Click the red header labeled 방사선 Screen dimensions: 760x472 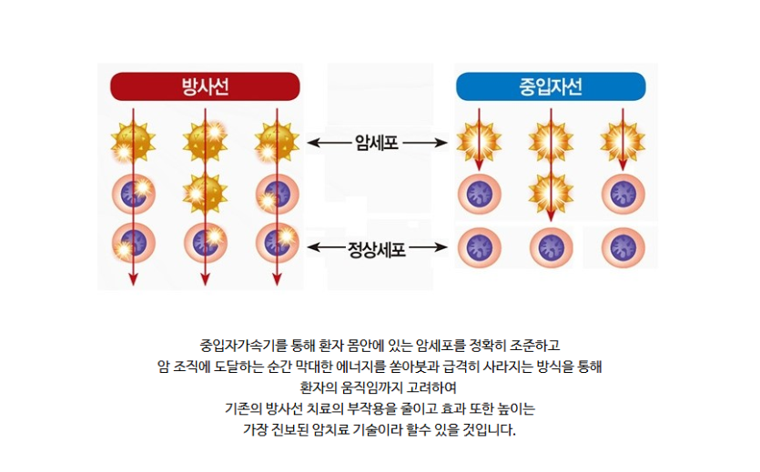(205, 86)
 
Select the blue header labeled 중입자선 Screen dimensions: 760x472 (551, 86)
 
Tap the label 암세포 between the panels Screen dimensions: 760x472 (377, 143)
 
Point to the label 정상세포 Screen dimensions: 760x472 (377, 249)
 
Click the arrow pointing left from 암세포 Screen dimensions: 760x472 (329, 143)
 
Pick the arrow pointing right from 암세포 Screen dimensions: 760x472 (425, 143)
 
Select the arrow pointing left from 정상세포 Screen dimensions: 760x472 (326, 247)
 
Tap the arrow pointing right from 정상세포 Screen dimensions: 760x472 (429, 247)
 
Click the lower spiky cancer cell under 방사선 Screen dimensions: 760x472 (205, 194)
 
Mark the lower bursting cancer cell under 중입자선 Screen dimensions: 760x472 (551, 193)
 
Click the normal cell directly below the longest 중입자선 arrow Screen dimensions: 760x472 (551, 247)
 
